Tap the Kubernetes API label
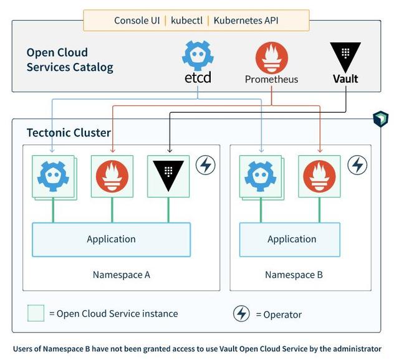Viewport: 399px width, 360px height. [x=246, y=21]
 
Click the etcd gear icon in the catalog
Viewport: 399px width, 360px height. [x=198, y=56]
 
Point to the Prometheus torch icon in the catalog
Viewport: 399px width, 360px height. [x=271, y=59]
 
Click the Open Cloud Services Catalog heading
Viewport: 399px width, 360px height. [x=70, y=60]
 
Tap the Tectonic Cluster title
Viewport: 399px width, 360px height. [x=69, y=133]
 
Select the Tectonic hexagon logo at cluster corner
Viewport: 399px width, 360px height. [x=380, y=119]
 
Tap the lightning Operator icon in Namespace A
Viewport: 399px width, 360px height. [x=205, y=165]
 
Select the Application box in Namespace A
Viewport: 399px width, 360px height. [x=111, y=239]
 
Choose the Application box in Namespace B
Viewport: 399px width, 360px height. [x=292, y=239]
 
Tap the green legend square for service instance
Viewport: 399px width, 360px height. [x=36, y=313]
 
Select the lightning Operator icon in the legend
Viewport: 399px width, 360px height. [x=241, y=314]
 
